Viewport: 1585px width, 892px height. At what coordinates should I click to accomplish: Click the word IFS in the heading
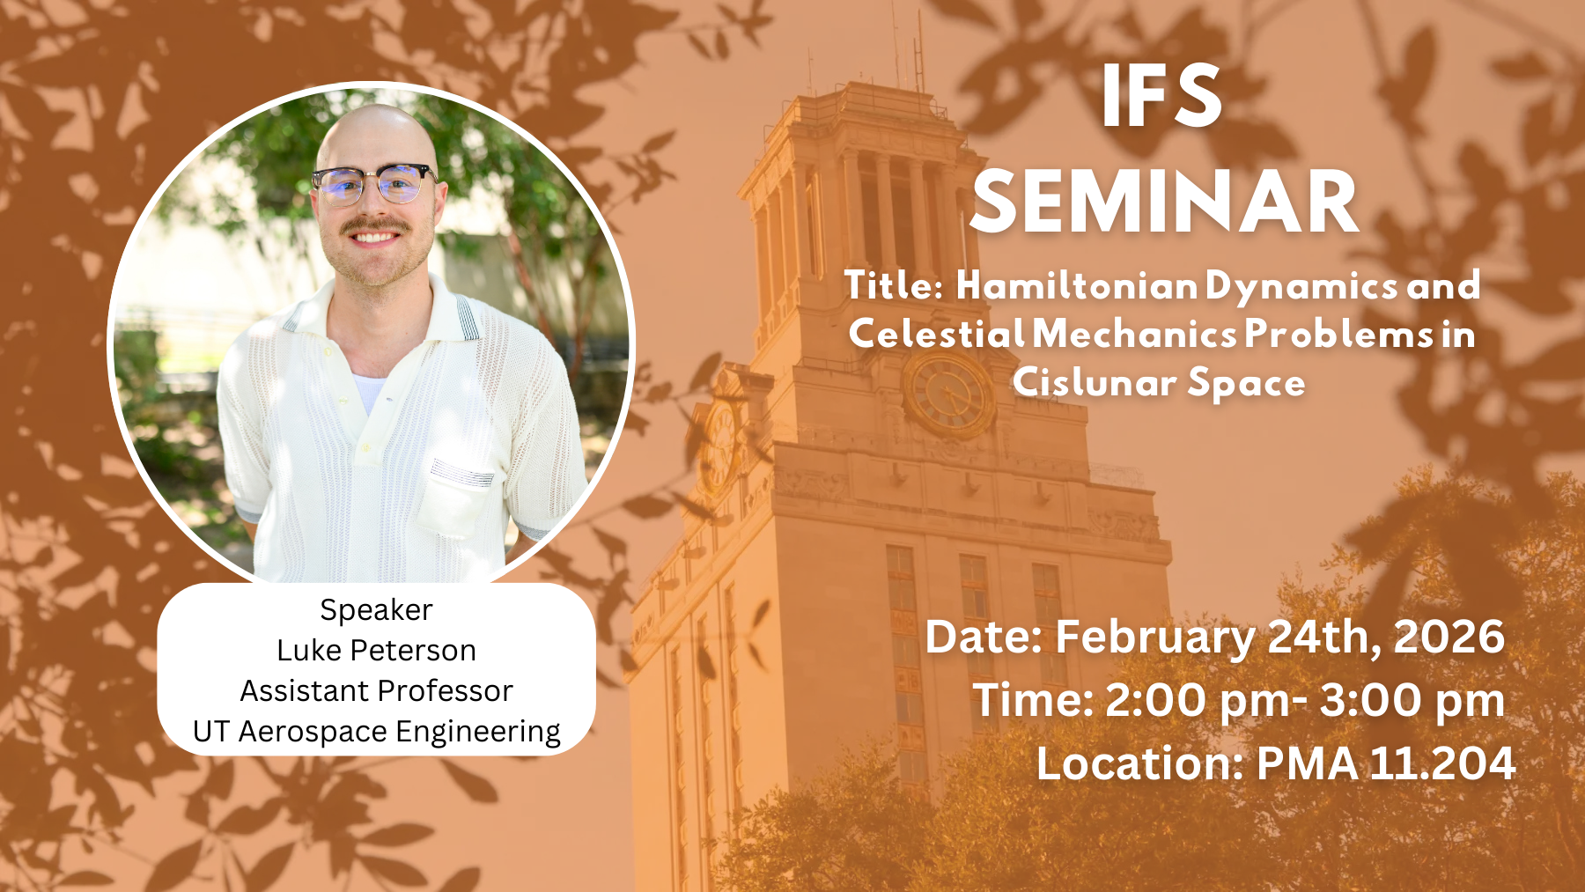click(1161, 96)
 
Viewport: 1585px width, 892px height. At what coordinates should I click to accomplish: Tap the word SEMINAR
click(1165, 203)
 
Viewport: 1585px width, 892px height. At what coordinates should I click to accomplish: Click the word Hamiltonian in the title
click(1077, 285)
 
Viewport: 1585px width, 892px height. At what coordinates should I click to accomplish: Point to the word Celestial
click(937, 334)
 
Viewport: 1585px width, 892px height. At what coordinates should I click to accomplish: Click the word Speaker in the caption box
click(376, 610)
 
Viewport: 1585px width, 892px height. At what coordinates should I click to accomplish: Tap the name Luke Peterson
click(376, 650)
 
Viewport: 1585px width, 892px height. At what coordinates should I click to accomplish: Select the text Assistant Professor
click(376, 690)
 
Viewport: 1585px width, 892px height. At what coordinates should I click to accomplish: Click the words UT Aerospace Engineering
click(376, 732)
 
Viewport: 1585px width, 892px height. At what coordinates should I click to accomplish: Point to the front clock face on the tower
click(948, 394)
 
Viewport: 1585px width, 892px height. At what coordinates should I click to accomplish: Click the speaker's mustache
click(376, 226)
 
